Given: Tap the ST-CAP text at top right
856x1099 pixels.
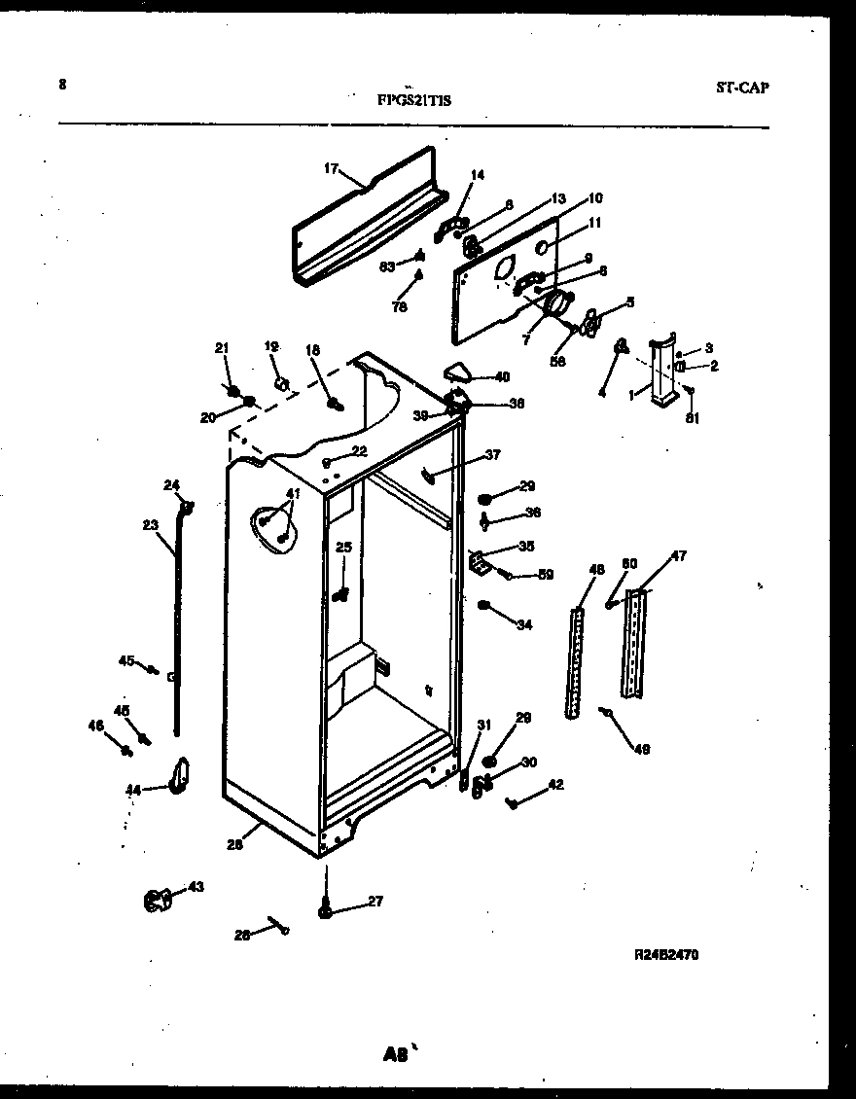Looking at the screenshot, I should (742, 88).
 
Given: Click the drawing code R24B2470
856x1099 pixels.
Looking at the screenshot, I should (665, 954).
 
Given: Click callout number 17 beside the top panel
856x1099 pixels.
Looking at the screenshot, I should (330, 169).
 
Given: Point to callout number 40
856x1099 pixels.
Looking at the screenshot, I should (502, 376).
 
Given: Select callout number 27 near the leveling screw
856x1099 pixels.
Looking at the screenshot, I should (375, 902).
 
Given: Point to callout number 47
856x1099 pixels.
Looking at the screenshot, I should (678, 556).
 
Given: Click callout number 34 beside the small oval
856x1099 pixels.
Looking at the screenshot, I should (525, 624).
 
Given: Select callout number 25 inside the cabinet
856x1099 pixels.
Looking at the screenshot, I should (343, 548).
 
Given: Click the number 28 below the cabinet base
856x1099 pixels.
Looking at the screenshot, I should (234, 844).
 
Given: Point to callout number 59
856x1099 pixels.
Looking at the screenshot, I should (546, 575).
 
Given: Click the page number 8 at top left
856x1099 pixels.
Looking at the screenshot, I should (63, 85).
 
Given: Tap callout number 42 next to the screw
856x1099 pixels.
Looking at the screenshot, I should (555, 784).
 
